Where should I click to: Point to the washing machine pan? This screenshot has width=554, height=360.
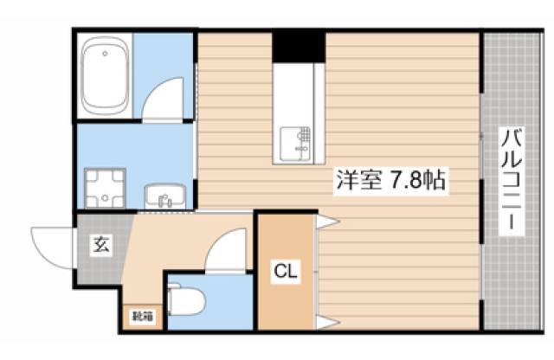click(x=106, y=188)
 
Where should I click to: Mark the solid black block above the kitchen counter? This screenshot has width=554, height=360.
click(x=299, y=46)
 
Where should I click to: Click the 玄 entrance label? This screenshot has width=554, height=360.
click(x=100, y=245)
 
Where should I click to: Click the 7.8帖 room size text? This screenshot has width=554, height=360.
click(x=418, y=183)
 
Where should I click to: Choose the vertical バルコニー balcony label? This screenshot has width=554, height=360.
click(x=512, y=180)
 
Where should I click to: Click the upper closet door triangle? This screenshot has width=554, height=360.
click(x=326, y=223)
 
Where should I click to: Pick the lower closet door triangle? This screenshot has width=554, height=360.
click(x=326, y=322)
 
